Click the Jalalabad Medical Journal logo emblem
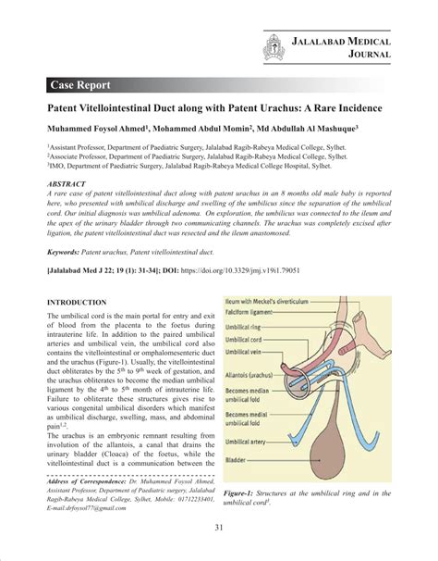click(273, 45)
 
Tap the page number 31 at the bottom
click(219, 529)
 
